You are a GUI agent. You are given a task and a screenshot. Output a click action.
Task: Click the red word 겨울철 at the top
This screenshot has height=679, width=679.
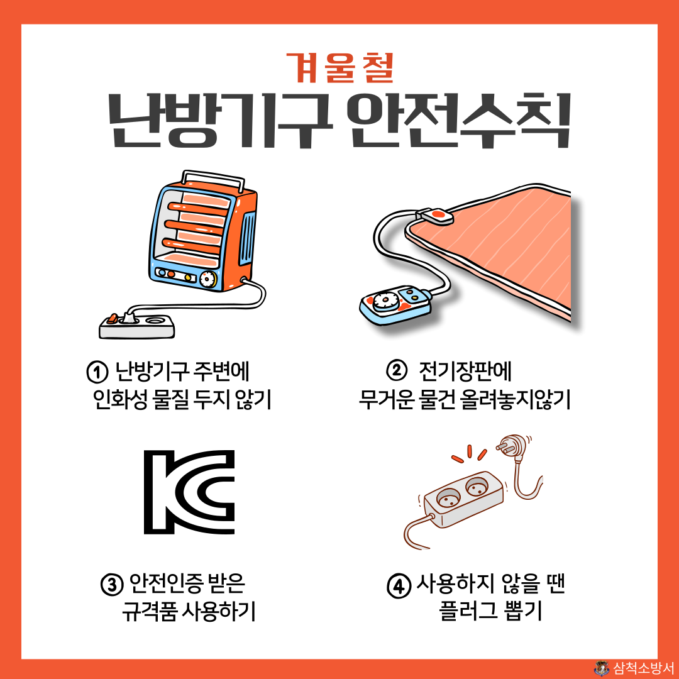coord(340,67)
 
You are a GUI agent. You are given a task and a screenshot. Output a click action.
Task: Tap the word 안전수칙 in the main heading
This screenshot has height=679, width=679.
coord(460,121)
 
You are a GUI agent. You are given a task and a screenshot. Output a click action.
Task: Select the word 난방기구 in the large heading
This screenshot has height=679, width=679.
coord(221,121)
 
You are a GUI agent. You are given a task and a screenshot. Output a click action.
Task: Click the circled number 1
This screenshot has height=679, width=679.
coord(97,372)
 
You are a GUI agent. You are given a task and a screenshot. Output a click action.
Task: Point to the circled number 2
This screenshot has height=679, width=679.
coord(396,371)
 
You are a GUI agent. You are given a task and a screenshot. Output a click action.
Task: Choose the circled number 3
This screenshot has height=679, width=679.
coord(112,585)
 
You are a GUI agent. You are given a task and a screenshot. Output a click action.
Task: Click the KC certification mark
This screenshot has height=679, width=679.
coord(189,492)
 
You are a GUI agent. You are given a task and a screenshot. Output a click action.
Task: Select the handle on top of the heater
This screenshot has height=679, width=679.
coord(213,179)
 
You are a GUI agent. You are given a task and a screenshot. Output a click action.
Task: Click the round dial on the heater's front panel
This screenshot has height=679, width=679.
coord(207,279)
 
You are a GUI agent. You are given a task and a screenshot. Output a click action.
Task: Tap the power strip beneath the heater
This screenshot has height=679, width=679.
coord(137,326)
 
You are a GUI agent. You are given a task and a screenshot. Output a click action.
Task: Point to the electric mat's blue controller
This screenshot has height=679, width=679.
coord(395,305)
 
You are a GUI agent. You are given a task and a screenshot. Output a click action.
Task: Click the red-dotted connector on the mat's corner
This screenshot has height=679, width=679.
coord(435,216)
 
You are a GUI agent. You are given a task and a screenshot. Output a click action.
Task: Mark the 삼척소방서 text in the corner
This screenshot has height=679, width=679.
coord(644,668)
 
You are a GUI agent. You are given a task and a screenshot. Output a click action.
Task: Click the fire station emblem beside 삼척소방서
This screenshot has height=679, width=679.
coord(602,668)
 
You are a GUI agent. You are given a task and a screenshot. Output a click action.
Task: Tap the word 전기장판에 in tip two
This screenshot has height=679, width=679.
coord(465,371)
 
